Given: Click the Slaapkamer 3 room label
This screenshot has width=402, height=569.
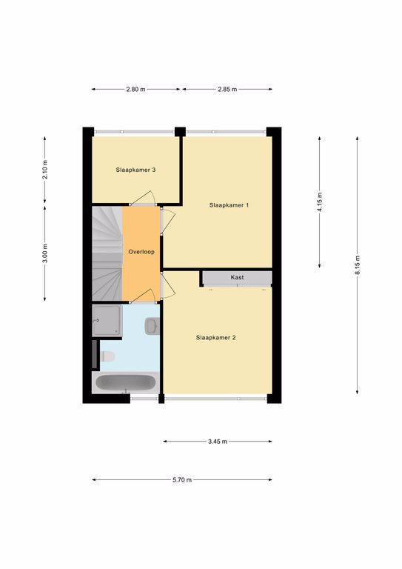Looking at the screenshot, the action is point(135,170).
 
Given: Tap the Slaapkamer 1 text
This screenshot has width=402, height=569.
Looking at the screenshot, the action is point(229,205).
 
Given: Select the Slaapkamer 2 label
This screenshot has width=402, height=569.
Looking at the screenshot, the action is point(215,338).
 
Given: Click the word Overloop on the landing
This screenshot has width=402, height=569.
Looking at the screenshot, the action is point(141,252).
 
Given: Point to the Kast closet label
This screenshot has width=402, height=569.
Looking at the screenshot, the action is point(237,277).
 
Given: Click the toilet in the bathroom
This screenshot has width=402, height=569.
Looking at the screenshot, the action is point(107,356).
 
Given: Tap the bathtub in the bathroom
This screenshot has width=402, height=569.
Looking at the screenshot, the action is point(125,383).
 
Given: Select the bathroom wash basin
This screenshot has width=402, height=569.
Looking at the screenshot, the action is point(152,326).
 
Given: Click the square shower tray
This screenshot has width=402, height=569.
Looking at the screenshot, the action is point(107,321).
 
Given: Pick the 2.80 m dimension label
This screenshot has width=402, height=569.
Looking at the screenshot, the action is point(136,89).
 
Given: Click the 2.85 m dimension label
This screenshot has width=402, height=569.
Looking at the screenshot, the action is point(227,89).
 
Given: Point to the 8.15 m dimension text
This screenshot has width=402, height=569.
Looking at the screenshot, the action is point(358,265).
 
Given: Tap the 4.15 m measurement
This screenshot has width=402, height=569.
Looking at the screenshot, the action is point(319,202).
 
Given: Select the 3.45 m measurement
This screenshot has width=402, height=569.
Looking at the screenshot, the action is point(218,442).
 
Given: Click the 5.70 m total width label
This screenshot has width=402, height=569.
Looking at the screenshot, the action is point(182,480).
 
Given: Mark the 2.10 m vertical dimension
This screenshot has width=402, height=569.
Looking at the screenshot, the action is point(45,170).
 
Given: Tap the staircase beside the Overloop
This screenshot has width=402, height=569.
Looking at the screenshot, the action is point(107,253).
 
